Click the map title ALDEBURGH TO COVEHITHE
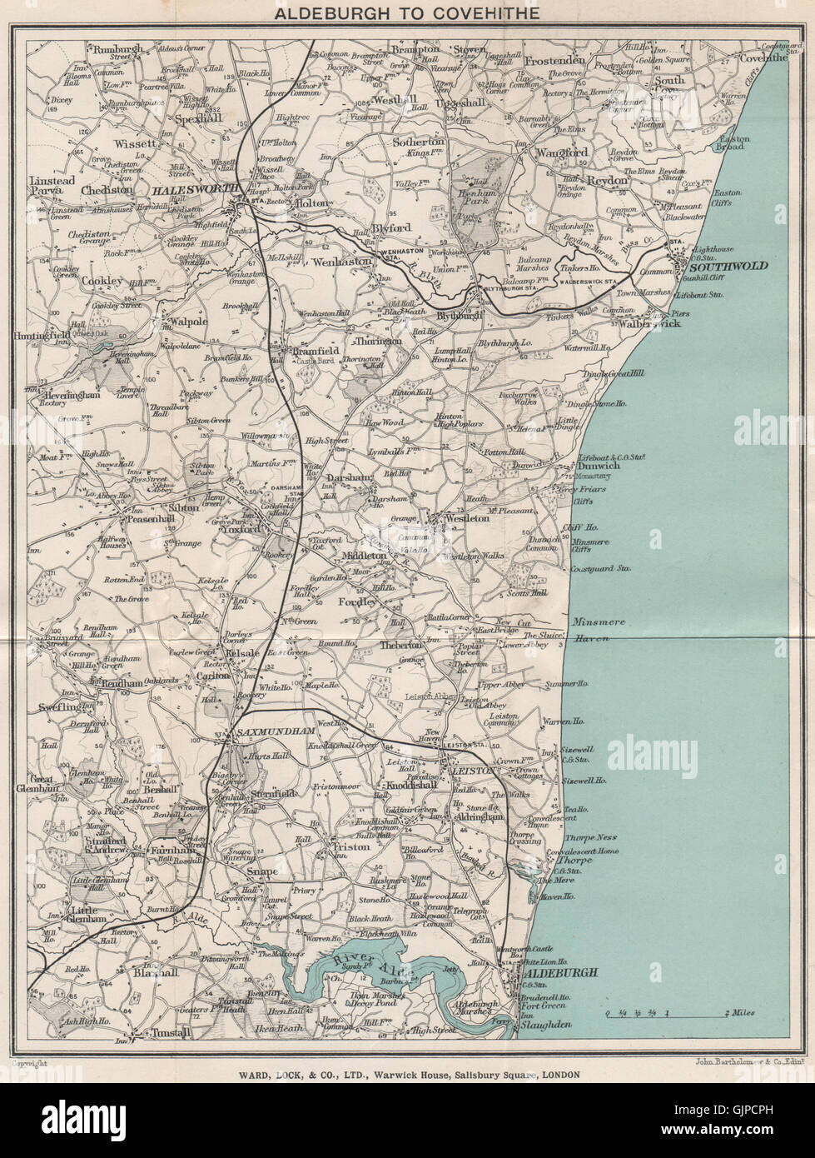[x=407, y=12]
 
